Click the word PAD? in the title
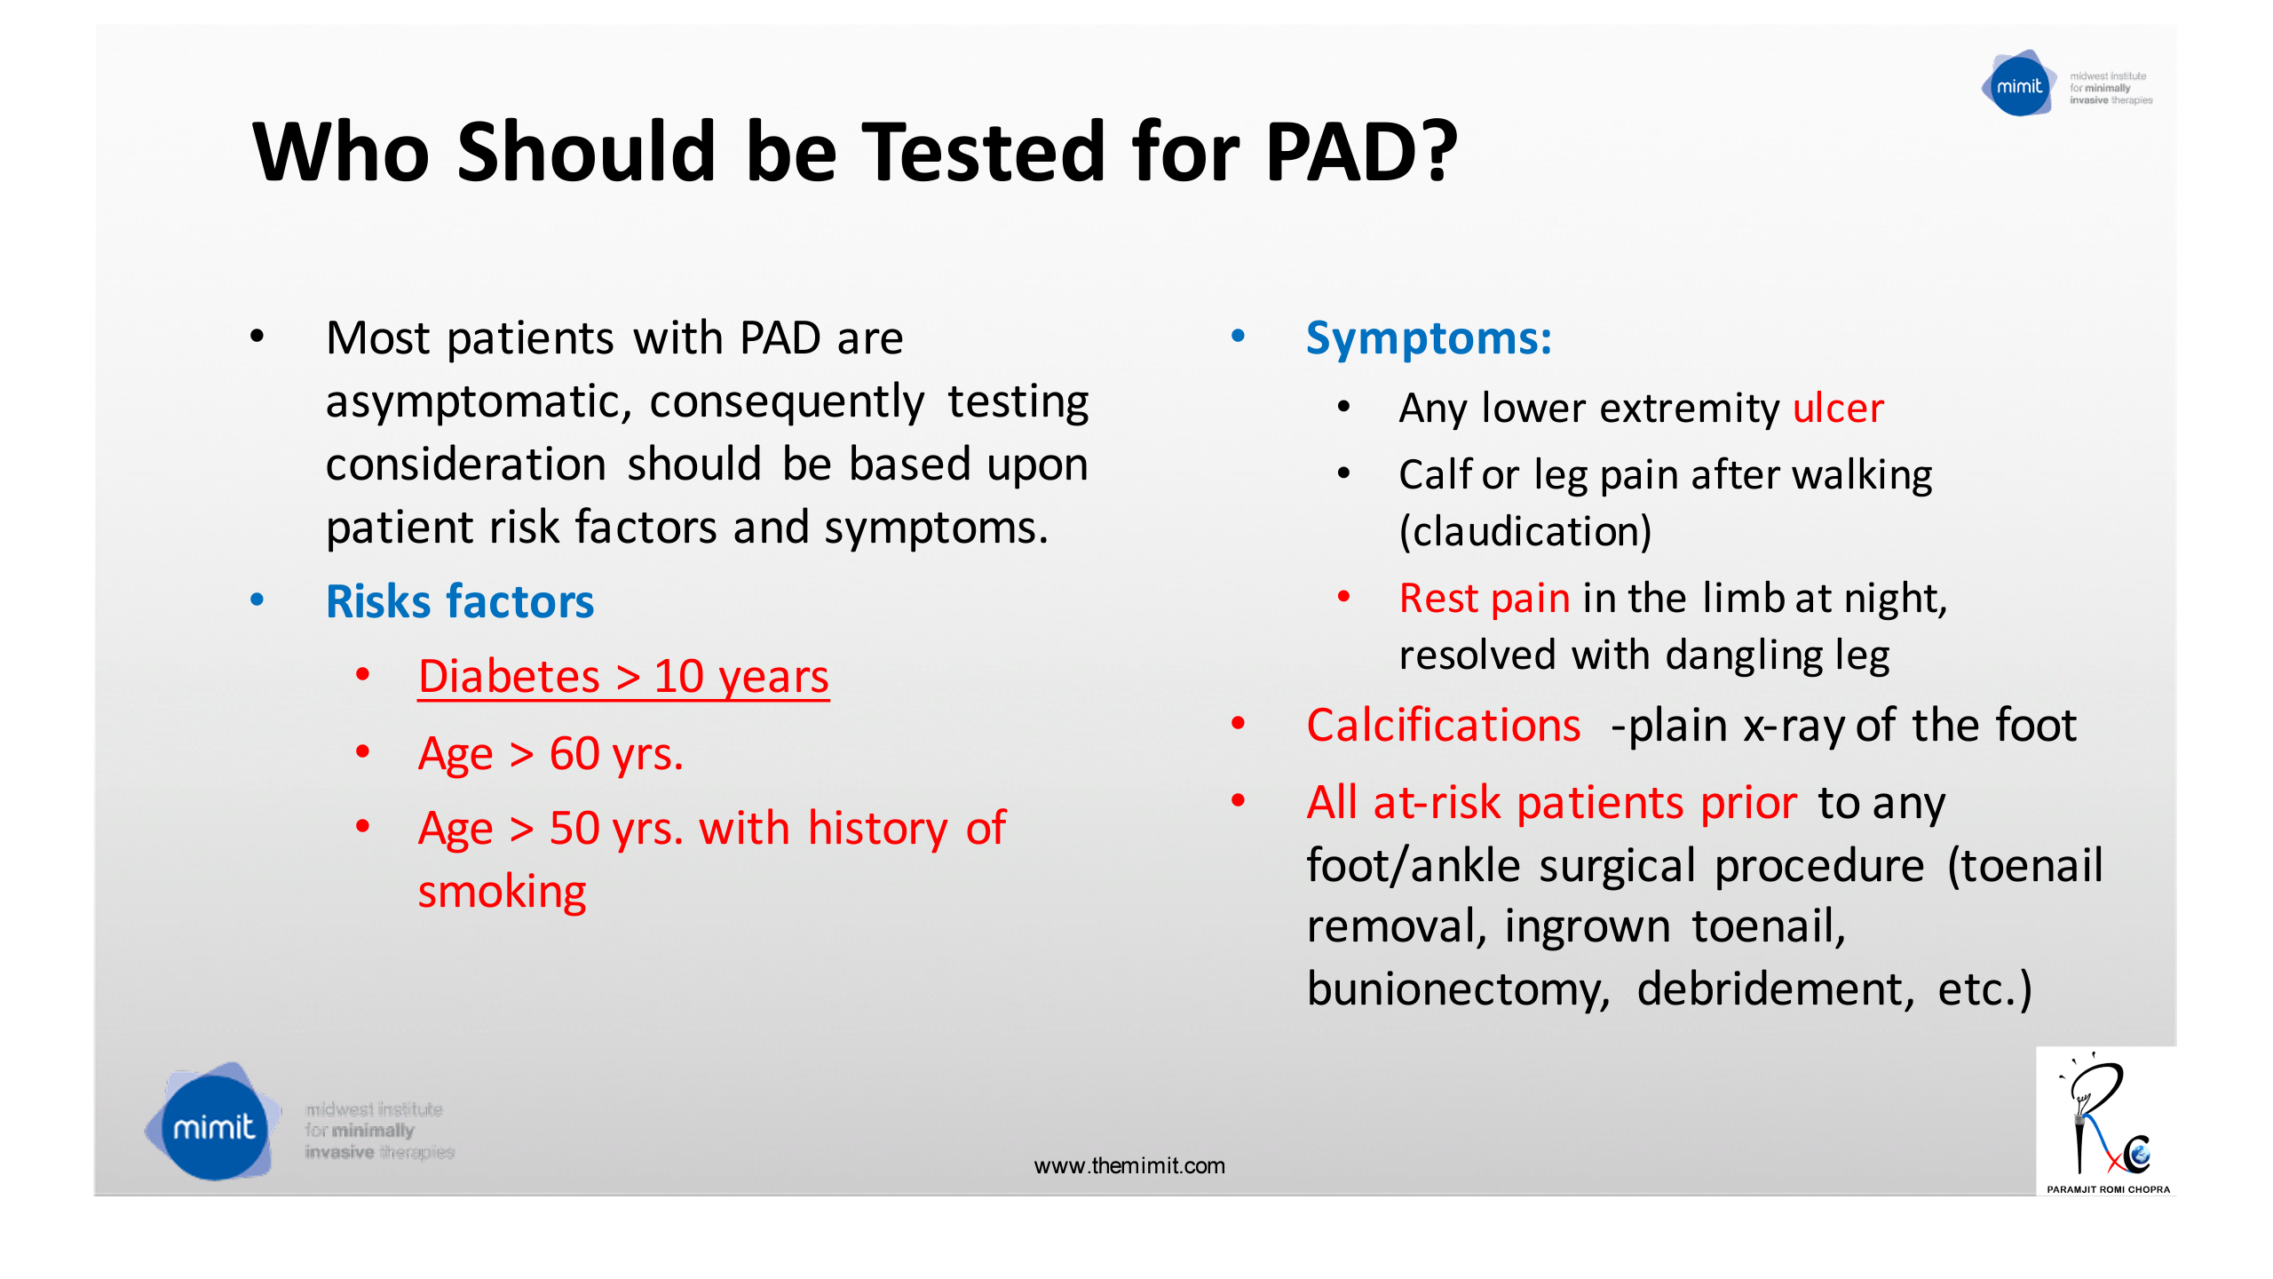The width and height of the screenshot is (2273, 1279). (x=1360, y=153)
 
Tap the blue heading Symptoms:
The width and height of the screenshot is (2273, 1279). (x=1428, y=338)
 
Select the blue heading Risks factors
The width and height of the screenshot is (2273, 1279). (x=459, y=601)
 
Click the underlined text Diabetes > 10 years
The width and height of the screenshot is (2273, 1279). (x=622, y=677)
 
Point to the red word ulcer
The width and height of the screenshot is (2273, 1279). (x=1837, y=409)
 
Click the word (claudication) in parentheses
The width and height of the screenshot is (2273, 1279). (x=1525, y=531)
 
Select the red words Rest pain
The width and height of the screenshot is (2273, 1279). (x=1484, y=599)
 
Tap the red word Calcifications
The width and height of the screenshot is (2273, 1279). (x=1443, y=726)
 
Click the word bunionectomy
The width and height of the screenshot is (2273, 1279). (x=1457, y=989)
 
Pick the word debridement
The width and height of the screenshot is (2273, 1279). (x=1774, y=989)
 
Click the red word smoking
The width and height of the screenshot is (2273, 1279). (x=502, y=892)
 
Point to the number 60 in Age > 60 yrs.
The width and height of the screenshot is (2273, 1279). (x=574, y=754)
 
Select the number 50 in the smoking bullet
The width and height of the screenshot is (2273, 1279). (x=574, y=829)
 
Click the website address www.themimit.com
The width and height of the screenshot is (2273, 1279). (x=1129, y=1166)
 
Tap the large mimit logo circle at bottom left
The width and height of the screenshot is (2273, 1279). (x=213, y=1126)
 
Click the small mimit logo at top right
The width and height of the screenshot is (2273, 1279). (x=2018, y=86)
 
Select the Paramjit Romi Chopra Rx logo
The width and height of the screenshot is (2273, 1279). (x=2106, y=1121)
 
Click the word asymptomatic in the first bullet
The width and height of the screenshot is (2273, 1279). (x=478, y=402)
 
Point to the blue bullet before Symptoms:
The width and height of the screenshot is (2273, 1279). (x=1238, y=336)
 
